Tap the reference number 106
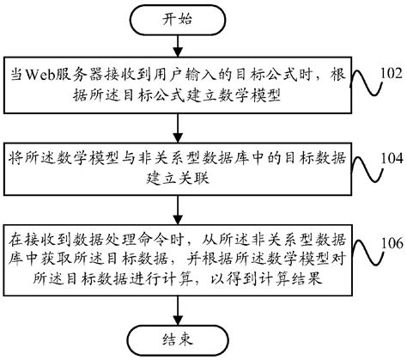tap(390, 242)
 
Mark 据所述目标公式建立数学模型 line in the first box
tap(172, 96)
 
